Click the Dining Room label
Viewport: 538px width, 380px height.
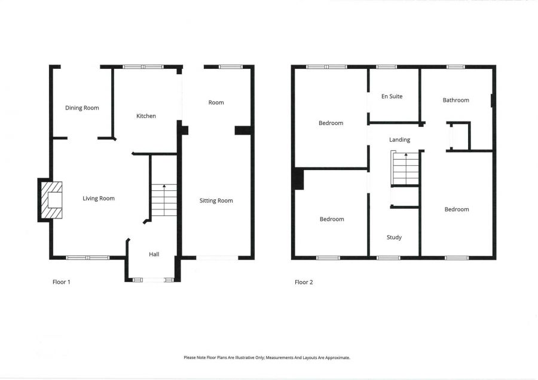coord(82,108)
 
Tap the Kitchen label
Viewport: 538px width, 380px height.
coord(146,115)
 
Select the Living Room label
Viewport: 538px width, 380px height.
coord(99,198)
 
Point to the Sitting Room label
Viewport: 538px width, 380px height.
coord(216,200)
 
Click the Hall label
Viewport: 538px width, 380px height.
coord(154,254)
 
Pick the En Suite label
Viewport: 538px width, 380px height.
coord(392,96)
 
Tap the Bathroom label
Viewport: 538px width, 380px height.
coord(456,100)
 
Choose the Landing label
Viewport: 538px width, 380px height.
coord(399,139)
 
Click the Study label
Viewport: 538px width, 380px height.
coord(394,238)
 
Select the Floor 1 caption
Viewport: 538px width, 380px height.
coord(62,282)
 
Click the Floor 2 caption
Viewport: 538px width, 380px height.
coord(304,282)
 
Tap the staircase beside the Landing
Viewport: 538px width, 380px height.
coord(406,169)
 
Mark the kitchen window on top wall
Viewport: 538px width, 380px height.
coord(143,66)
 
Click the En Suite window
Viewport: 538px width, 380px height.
coord(386,66)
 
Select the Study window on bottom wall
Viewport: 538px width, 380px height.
coord(389,258)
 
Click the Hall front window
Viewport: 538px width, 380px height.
coord(152,279)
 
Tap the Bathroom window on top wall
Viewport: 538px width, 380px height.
coord(456,66)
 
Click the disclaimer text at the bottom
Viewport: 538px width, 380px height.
coord(267,357)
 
